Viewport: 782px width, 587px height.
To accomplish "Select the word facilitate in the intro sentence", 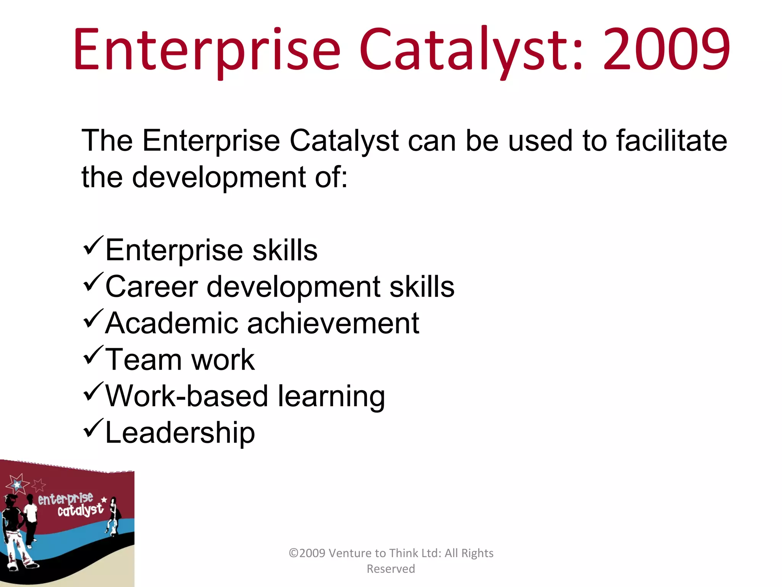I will pos(672,141).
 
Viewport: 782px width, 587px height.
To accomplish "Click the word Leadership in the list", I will pos(180,433).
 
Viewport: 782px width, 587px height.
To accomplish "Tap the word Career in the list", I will pos(151,287).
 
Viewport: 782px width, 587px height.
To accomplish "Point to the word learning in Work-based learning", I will pos(331,397).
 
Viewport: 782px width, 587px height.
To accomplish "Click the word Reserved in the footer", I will pos(391,569).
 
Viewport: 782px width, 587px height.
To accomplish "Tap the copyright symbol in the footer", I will pos(294,553).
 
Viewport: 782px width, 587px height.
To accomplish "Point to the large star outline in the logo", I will pos(17,485).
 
